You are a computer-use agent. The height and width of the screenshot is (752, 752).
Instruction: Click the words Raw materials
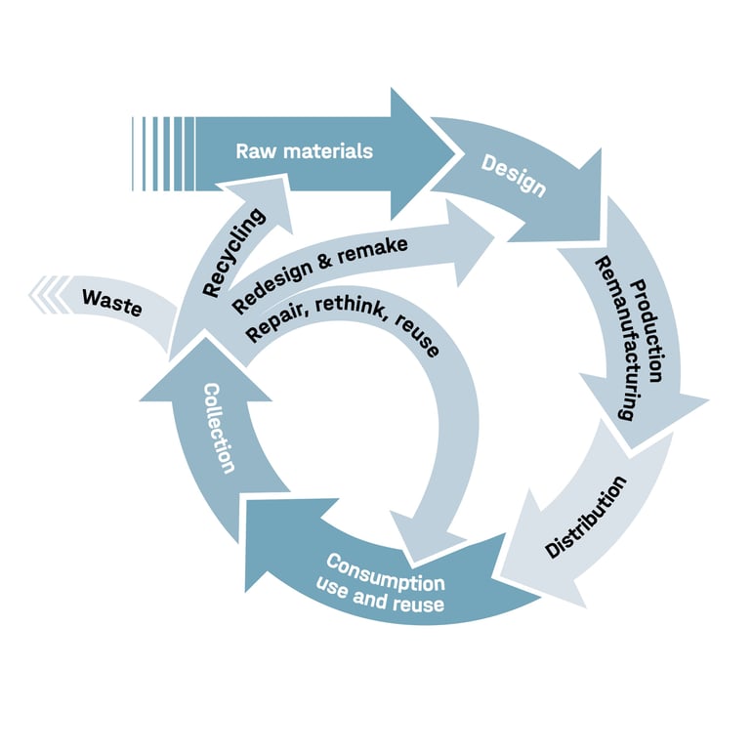[305, 151]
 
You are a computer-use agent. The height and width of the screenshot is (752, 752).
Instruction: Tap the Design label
[514, 174]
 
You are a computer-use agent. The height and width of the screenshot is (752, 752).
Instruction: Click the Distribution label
[585, 517]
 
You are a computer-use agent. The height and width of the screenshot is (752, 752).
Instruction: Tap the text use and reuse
[381, 598]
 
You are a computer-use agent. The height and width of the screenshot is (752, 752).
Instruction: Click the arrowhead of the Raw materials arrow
[425, 152]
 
